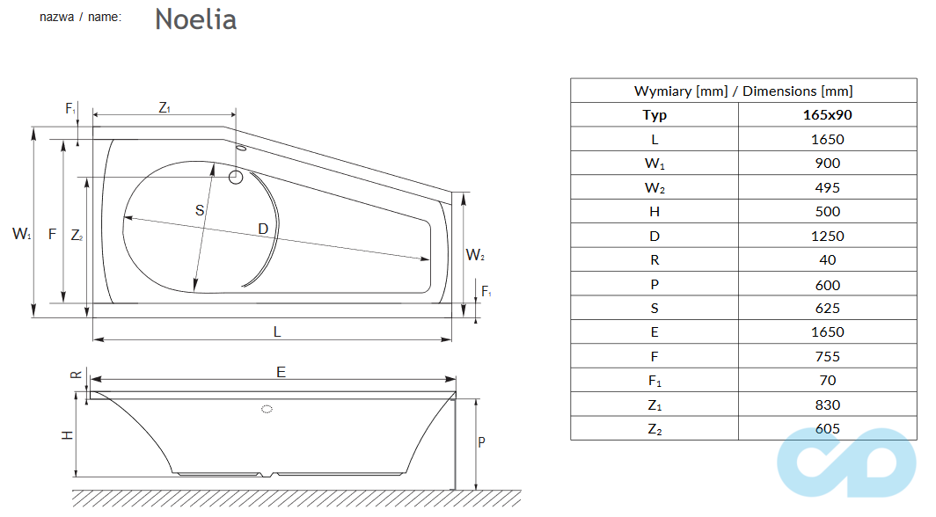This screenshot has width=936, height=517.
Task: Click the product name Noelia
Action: [x=195, y=18]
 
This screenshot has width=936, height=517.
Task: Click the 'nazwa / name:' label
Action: [x=81, y=17]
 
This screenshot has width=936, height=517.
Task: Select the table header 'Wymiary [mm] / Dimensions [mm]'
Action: [x=742, y=91]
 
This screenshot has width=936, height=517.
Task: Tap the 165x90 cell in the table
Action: [x=827, y=114]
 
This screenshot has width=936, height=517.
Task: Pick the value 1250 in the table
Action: [x=827, y=236]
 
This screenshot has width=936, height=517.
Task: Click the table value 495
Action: [x=827, y=187]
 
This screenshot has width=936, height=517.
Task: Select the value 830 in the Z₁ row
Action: [x=827, y=404]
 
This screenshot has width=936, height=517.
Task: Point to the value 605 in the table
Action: [x=827, y=428]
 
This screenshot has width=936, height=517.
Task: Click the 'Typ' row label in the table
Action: [x=654, y=114]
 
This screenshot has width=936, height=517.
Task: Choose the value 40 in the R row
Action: [x=827, y=259]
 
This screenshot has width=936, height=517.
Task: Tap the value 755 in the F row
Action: [x=827, y=356]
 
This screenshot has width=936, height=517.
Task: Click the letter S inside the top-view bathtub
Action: [x=200, y=210]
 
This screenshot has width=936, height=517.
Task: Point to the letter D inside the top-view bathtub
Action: [x=262, y=229]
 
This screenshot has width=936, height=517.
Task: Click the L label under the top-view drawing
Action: [x=277, y=331]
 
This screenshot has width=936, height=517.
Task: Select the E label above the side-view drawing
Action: [x=281, y=372]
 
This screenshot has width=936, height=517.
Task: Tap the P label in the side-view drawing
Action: [x=481, y=442]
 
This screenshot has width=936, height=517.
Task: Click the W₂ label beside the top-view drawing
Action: [x=475, y=256]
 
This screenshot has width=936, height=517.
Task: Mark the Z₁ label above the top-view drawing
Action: [x=165, y=107]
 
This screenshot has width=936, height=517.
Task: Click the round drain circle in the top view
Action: [x=236, y=177]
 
